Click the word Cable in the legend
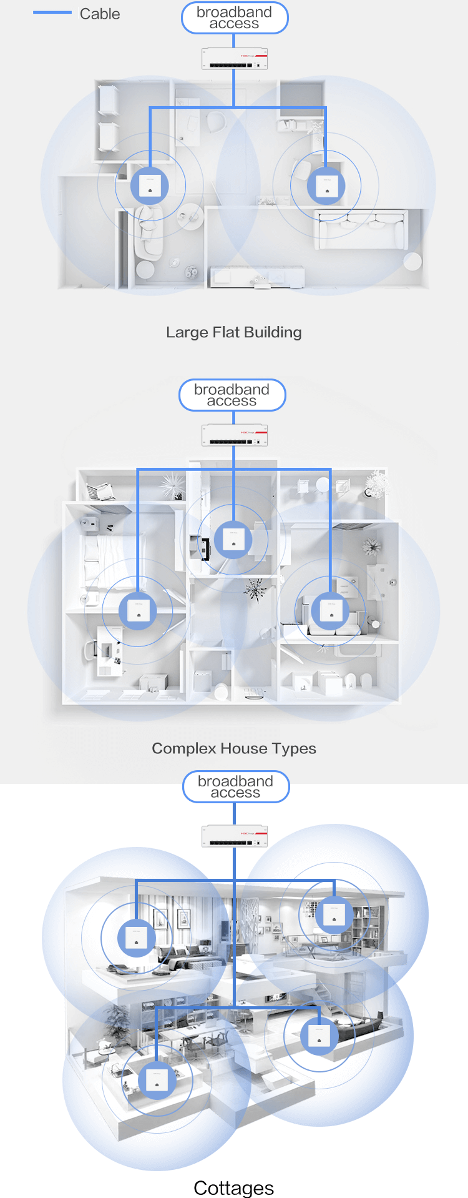100,14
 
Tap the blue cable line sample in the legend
52,12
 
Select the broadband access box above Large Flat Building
234,17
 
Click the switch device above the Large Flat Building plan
234,59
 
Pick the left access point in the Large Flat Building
150,186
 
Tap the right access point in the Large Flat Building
326,186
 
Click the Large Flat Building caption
234,332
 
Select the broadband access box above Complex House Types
232,395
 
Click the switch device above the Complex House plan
234,435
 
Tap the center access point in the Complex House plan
233,539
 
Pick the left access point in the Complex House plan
138,610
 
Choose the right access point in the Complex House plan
331,610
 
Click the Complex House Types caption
234,748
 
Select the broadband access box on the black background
235,786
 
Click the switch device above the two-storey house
234,836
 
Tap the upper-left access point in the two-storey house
137,938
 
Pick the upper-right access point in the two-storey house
334,915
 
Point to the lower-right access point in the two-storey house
319,1036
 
